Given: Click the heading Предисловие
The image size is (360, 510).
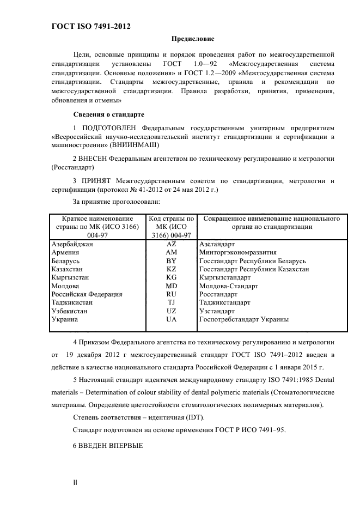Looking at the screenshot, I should click(x=193, y=39).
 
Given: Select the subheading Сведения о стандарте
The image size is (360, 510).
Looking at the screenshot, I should click(x=108, y=114).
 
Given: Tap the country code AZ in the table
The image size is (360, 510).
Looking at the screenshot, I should click(x=171, y=245).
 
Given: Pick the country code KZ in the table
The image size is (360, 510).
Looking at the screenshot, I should click(x=171, y=269).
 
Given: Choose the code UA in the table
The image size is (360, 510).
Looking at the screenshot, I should click(x=171, y=319).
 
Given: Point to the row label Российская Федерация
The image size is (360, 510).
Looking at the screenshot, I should click(x=86, y=294).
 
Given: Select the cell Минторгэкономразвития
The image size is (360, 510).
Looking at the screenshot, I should click(x=237, y=253).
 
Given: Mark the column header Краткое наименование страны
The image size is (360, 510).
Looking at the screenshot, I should click(x=98, y=226).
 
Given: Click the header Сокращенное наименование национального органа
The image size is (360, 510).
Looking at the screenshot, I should click(x=271, y=222).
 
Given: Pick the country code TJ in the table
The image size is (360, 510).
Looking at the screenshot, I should click(x=171, y=302).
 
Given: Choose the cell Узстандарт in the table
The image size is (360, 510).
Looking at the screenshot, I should click(x=217, y=311).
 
